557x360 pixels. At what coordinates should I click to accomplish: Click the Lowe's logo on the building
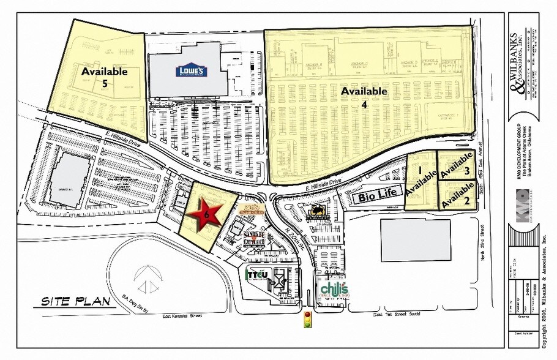[x=192, y=70]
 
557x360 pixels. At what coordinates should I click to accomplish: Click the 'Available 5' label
[x=105, y=77]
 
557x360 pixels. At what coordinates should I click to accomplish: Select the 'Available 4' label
[x=364, y=97]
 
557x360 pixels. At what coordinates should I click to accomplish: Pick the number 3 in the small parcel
[x=466, y=172]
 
